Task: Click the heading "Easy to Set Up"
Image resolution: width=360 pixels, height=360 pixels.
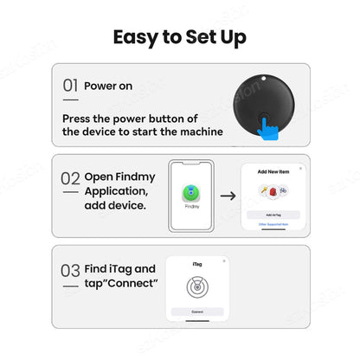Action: click(179, 36)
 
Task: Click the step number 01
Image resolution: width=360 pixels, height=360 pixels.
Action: click(71, 86)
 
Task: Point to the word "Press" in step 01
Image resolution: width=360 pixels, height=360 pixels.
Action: click(79, 118)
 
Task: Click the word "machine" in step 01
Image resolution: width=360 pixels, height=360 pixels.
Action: click(198, 132)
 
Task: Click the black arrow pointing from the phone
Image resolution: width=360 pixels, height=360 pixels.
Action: click(228, 196)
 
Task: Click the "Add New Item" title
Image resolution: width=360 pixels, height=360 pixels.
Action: click(273, 173)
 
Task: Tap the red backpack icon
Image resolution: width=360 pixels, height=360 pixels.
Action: click(273, 190)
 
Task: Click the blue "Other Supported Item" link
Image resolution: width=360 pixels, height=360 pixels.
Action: click(273, 223)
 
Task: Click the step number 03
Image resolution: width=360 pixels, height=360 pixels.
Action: click(71, 270)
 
